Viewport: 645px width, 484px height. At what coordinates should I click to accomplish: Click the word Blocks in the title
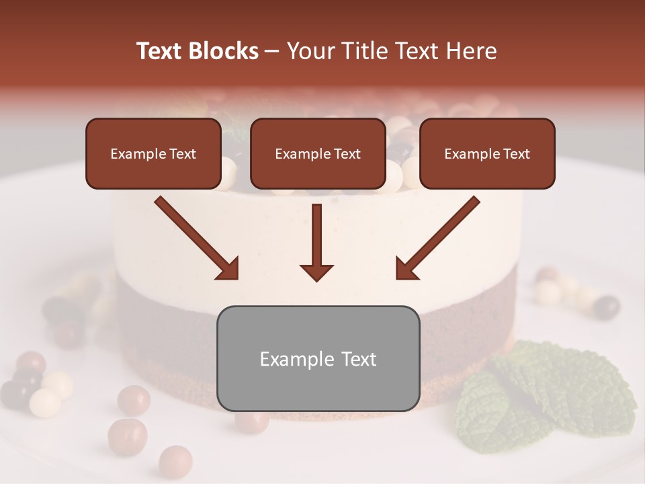click(x=222, y=51)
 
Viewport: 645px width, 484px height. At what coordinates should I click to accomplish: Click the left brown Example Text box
click(x=153, y=154)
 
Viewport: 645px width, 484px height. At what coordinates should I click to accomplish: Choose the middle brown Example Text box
click(x=318, y=154)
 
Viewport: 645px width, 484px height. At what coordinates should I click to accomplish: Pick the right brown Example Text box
click(x=487, y=154)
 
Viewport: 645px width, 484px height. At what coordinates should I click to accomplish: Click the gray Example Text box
click(x=318, y=358)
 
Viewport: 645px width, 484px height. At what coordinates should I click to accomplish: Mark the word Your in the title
click(x=308, y=51)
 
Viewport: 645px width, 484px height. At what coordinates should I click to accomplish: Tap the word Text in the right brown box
click(x=516, y=154)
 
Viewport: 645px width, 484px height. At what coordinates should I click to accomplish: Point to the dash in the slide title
click(x=272, y=51)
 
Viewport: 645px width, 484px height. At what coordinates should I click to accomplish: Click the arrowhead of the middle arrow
click(x=316, y=272)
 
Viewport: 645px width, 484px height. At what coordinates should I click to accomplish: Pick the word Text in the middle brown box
click(x=347, y=154)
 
